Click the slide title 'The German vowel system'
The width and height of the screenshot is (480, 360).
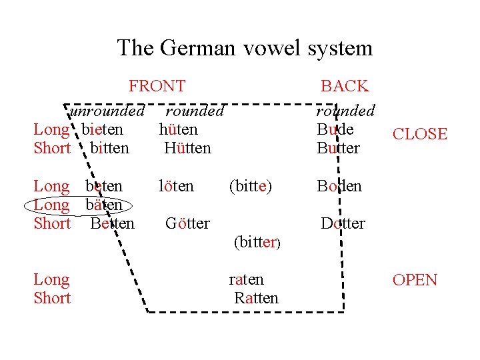pyautogui.click(x=245, y=48)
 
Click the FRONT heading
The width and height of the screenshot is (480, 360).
pyautogui.click(x=157, y=86)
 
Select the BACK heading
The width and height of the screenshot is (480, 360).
pyautogui.click(x=344, y=86)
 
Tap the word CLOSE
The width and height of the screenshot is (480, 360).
pyautogui.click(x=419, y=134)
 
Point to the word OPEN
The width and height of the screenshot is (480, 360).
pyautogui.click(x=415, y=280)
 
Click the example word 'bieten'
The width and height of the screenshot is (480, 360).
pyautogui.click(x=103, y=129)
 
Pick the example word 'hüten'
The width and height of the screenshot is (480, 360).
pyautogui.click(x=179, y=129)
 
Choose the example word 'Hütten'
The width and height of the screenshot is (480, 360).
pyautogui.click(x=187, y=148)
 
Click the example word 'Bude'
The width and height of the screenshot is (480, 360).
pyautogui.click(x=335, y=129)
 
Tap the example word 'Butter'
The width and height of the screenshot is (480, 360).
pyautogui.click(x=339, y=148)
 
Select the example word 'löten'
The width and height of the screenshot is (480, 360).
pyautogui.click(x=176, y=186)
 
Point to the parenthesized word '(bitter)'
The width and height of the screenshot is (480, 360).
pyautogui.click(x=257, y=243)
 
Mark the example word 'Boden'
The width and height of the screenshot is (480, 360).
pyautogui.click(x=339, y=186)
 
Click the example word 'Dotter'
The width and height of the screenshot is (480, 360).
pyautogui.click(x=343, y=223)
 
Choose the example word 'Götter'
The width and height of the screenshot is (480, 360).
pyautogui.click(x=187, y=223)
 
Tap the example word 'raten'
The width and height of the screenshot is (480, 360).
pyautogui.click(x=246, y=279)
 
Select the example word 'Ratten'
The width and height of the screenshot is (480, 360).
pyautogui.click(x=256, y=298)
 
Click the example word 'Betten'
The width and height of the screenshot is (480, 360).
pyautogui.click(x=112, y=223)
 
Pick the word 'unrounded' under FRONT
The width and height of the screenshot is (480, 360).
pyautogui.click(x=107, y=111)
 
